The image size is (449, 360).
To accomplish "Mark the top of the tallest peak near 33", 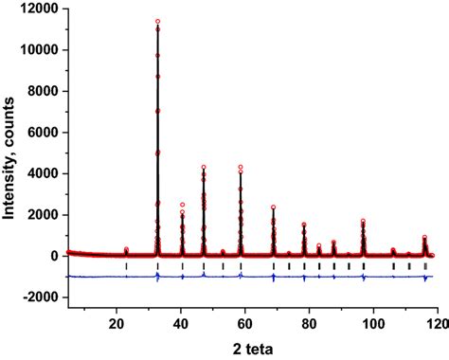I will point(157,21).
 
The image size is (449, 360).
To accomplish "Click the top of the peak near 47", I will point(204,168).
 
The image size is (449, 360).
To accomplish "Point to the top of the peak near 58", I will point(241,168).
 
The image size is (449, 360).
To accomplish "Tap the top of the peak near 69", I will point(273,207).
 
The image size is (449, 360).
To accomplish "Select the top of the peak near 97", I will point(363,221).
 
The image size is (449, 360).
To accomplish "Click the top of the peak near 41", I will point(182,205).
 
